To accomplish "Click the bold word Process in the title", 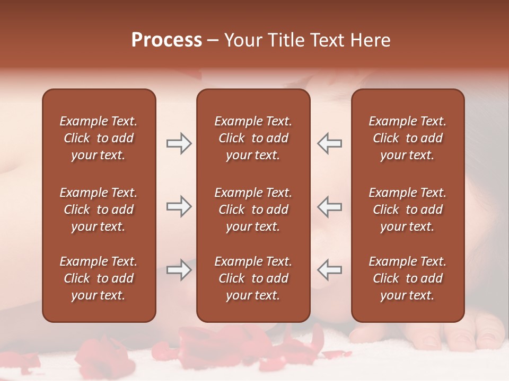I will tap(166, 40).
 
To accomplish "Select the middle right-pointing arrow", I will tap(179, 206).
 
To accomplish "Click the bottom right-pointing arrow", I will tap(179, 270).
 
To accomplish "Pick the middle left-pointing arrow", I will tap(329, 206).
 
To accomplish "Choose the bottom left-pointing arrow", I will tap(329, 270).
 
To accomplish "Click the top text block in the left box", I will tap(99, 138).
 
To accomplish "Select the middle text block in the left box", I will tap(99, 210).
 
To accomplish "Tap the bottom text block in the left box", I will tap(99, 278).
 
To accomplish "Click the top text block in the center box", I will tap(253, 138).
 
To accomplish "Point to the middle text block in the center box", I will tap(253, 210).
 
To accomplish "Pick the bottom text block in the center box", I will tap(253, 278).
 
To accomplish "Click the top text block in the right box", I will tap(407, 138).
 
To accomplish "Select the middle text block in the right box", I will tap(407, 210).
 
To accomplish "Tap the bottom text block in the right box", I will tap(407, 278).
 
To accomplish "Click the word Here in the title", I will tap(371, 40).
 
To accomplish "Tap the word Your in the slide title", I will tap(242, 40).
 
